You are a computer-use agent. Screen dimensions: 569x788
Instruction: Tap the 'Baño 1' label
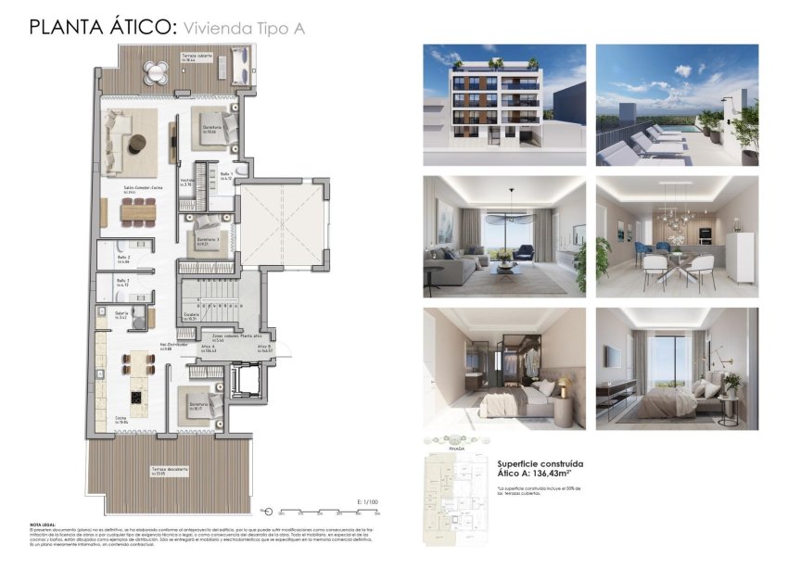[x=226, y=175]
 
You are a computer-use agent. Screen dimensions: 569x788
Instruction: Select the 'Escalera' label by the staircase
[x=192, y=315]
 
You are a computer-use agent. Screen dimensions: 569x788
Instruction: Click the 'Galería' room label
[x=121, y=314]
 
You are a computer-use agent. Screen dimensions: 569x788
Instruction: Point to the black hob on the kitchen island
[x=135, y=398]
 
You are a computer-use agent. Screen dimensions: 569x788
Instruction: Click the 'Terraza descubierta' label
[x=170, y=470]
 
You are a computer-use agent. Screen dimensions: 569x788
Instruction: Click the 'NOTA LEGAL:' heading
[x=44, y=525]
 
